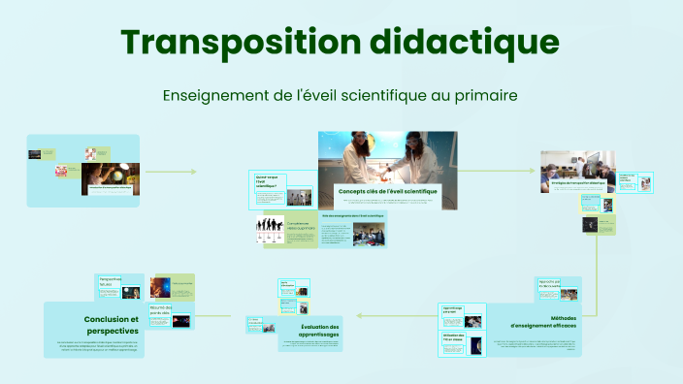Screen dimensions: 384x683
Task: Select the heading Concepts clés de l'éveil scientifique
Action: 387,192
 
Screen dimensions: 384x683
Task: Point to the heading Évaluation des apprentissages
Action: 319,331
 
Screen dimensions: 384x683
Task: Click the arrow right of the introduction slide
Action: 192,172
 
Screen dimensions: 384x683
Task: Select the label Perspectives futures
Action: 110,281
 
